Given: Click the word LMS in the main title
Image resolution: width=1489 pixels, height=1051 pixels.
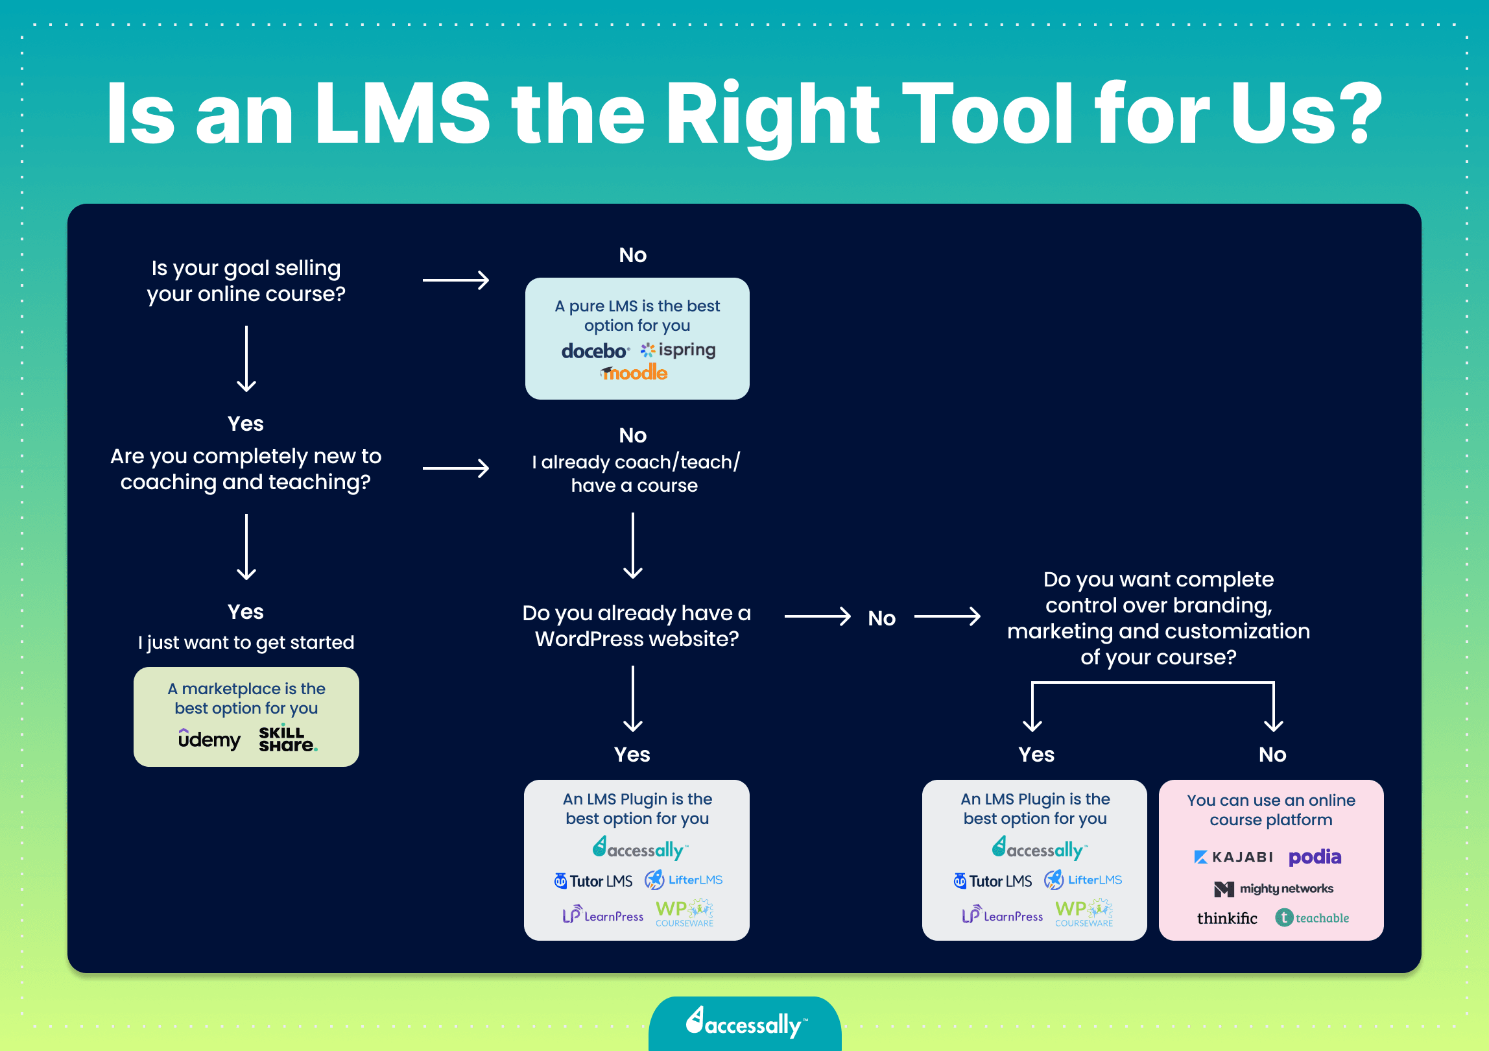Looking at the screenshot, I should (x=402, y=114).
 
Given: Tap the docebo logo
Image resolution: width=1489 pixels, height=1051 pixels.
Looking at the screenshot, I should (x=594, y=351).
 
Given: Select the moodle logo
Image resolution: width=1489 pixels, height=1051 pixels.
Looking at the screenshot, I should (x=634, y=373).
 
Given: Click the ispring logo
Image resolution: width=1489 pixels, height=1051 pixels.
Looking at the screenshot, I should (x=678, y=350).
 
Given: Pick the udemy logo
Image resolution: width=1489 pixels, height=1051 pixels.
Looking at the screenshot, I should (x=209, y=739).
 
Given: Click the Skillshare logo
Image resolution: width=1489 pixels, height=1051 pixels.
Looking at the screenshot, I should (x=287, y=739).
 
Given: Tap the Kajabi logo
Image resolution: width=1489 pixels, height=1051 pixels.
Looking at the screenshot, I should (x=1233, y=857).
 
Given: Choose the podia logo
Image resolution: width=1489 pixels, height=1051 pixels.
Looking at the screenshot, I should (x=1315, y=857).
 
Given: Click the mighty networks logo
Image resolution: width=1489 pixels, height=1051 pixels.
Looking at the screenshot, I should (x=1274, y=889).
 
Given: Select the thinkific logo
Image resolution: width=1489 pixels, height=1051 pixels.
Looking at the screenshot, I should (x=1227, y=918).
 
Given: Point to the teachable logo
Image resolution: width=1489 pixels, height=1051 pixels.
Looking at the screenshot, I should (x=1313, y=918).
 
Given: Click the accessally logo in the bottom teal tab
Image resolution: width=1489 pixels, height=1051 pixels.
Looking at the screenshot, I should (x=746, y=1024).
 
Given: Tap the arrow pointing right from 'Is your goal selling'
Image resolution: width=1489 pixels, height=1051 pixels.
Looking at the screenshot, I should (x=456, y=280).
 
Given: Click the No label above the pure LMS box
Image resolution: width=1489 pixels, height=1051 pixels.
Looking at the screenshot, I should (x=632, y=255).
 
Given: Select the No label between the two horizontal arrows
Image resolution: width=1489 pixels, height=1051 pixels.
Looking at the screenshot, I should (x=881, y=618).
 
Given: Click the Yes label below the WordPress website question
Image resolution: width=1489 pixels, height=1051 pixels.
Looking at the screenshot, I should (x=632, y=755).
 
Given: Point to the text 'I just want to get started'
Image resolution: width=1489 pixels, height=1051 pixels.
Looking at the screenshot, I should (x=246, y=642).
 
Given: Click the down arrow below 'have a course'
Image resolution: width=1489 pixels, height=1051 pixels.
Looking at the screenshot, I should (x=633, y=545).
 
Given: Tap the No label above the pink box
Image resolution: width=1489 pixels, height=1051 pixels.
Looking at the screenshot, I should (x=1272, y=755).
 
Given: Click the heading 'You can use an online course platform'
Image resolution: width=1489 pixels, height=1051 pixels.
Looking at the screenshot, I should (x=1271, y=810).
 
